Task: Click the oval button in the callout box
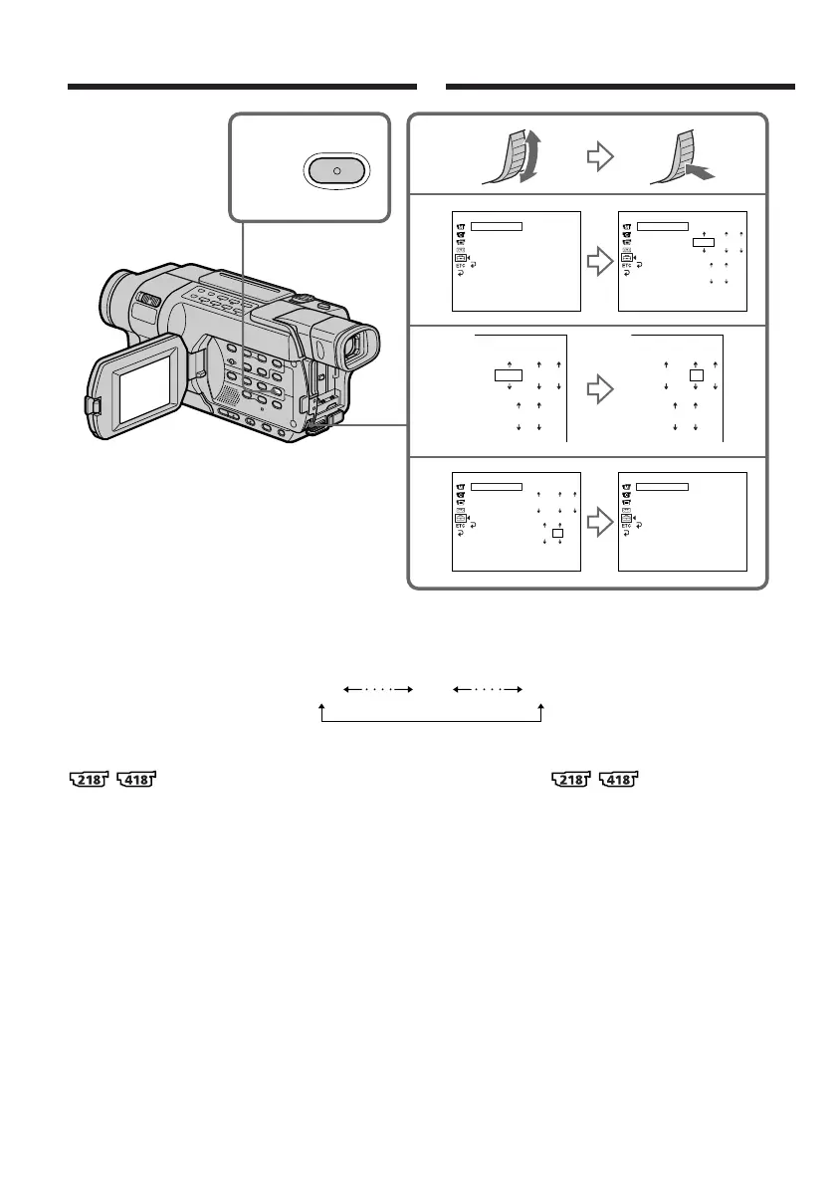point(336,170)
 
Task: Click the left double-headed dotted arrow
point(378,687)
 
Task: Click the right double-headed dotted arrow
point(488,687)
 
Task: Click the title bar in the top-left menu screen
point(497,226)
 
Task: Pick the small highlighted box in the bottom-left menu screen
point(558,534)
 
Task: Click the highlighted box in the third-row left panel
point(509,376)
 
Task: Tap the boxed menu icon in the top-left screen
point(461,258)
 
